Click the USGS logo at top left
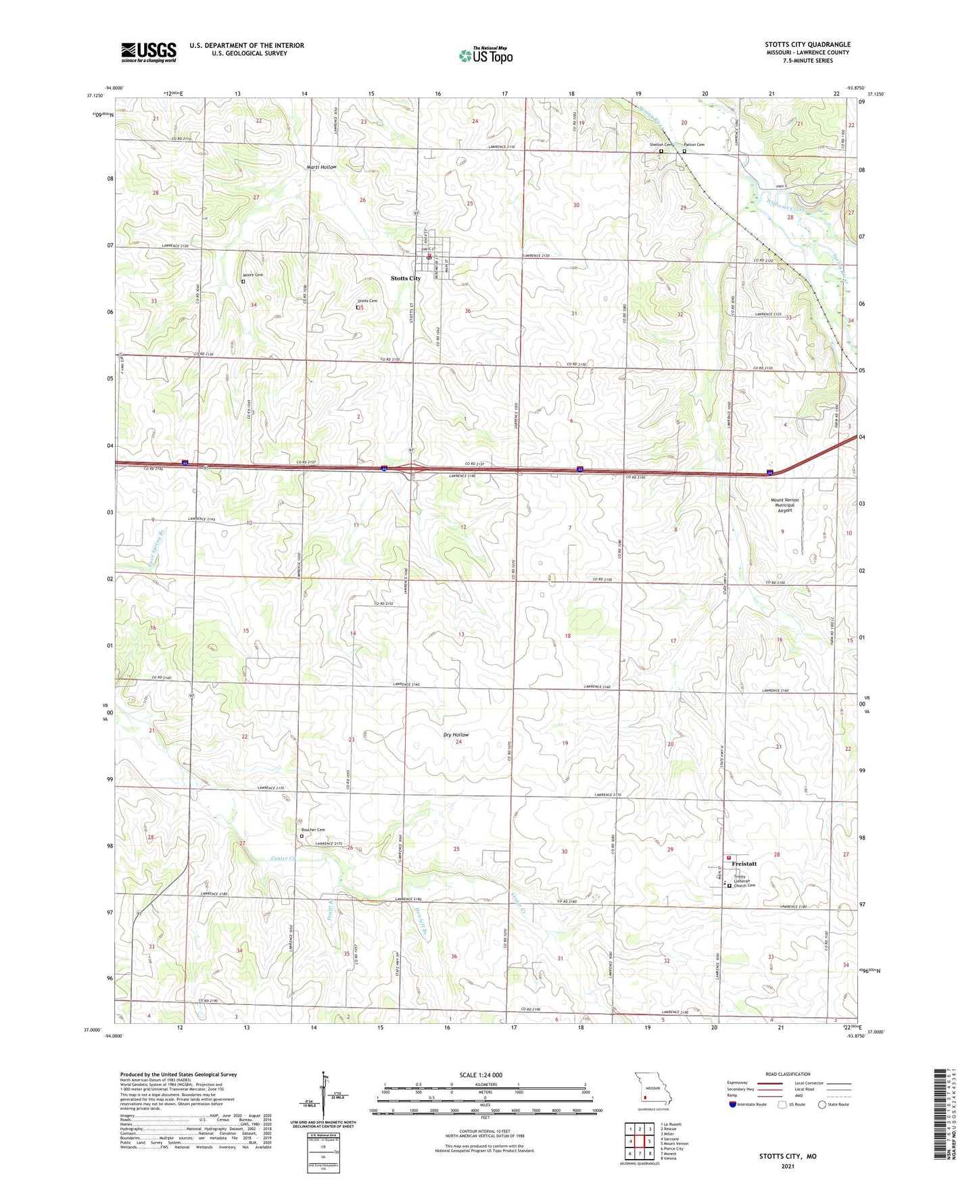(x=148, y=52)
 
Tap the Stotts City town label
(x=406, y=278)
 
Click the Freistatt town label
(x=744, y=864)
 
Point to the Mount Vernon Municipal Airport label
(x=784, y=506)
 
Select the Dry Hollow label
(x=456, y=735)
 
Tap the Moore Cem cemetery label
(x=252, y=275)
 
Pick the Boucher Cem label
(x=313, y=830)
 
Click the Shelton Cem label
(x=661, y=145)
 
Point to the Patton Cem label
(x=694, y=145)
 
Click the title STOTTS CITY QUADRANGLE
(x=807, y=45)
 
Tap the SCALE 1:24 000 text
(x=480, y=1075)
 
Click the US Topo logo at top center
(x=485, y=55)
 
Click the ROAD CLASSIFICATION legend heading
(x=788, y=1074)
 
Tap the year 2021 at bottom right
(x=788, y=1166)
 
